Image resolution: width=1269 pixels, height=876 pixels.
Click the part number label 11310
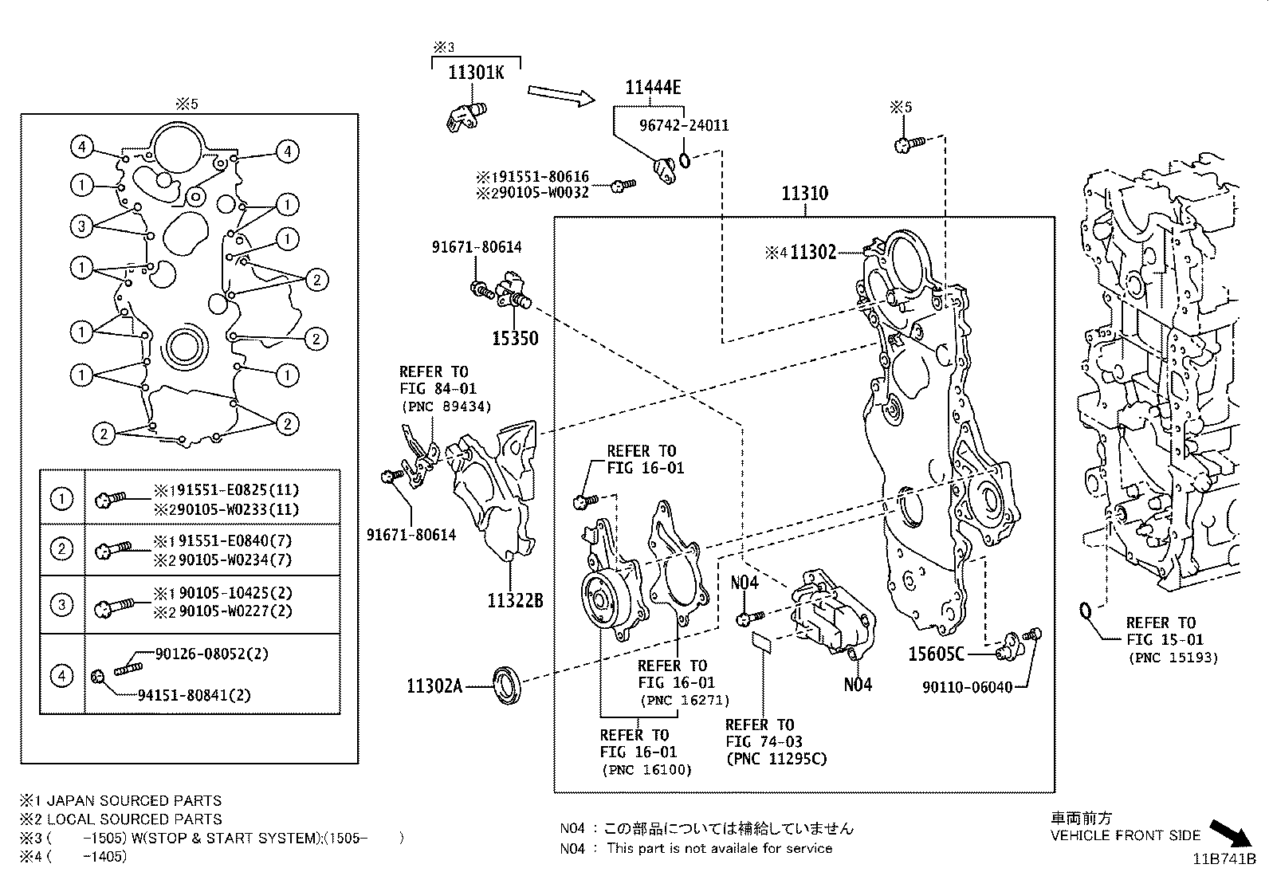coord(804,193)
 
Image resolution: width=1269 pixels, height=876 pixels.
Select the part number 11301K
coord(476,73)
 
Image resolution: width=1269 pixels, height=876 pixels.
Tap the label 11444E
coord(653,88)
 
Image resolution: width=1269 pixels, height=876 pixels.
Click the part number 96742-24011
coord(684,125)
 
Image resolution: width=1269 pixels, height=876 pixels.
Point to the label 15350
coord(514,338)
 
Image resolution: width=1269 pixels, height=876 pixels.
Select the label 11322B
coord(515,600)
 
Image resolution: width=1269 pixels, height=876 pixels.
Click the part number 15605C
coord(936,654)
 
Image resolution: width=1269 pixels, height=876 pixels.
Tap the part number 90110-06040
coord(968,687)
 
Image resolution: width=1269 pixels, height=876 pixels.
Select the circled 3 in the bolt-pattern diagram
coord(81,226)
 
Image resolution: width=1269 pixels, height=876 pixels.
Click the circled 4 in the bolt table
coord(61,676)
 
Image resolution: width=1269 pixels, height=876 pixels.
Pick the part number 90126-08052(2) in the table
coord(212,654)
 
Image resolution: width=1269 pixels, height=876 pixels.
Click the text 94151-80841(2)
coord(194,695)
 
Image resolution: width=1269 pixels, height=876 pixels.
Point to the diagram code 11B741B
coord(1224,858)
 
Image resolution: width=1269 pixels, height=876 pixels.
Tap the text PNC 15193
coord(1173,658)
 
